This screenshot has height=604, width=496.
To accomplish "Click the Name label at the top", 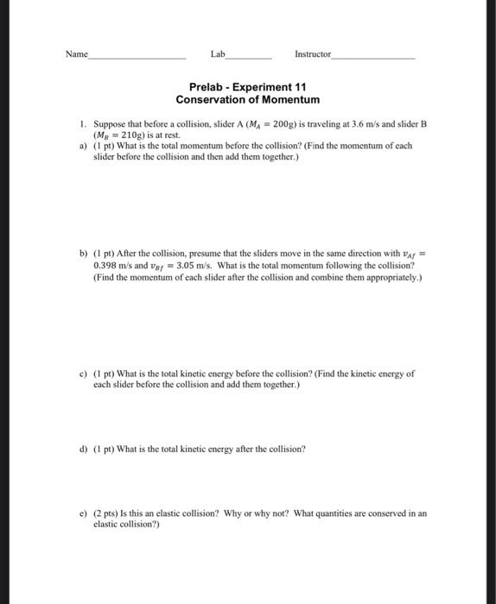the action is coord(76,54).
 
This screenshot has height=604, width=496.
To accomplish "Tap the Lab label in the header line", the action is coord(217,54).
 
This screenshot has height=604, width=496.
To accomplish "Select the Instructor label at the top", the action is coord(312,54).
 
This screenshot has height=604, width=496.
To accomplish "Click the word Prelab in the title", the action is coord(207,87).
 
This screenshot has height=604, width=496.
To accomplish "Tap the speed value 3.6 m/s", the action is coord(374,124).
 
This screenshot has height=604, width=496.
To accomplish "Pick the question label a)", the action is coord(84,147).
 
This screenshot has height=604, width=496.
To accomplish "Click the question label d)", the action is coord(84,449).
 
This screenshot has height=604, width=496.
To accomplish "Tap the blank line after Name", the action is coord(137,57).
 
